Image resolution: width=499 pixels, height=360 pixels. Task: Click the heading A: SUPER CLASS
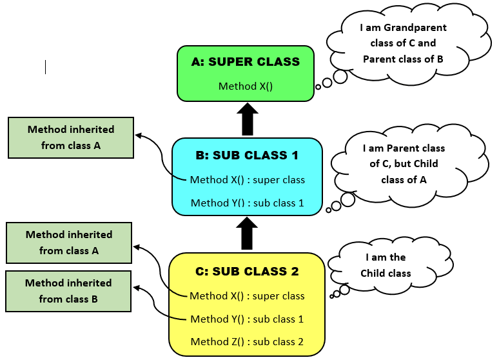pos(246,62)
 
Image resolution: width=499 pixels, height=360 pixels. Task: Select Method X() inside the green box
pos(246,86)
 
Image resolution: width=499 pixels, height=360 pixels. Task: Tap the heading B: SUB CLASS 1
pos(247,155)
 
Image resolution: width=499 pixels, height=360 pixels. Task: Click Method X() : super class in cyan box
pos(248,180)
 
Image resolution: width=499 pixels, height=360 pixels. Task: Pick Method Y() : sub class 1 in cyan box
pos(248,203)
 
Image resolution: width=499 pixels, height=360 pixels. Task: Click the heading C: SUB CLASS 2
pos(247,272)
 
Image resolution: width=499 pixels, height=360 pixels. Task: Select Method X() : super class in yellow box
pos(247,296)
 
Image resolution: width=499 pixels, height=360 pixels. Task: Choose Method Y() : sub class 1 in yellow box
pos(247,319)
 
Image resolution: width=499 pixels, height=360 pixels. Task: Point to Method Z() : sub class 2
pos(247,342)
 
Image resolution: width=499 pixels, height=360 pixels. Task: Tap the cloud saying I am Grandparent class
pos(403,43)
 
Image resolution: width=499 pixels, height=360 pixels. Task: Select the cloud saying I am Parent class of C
pos(404,164)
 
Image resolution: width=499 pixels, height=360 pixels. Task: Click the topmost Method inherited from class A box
pos(71,137)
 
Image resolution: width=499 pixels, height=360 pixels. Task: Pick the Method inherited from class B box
pos(68,291)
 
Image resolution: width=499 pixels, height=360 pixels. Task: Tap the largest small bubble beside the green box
pos(340,77)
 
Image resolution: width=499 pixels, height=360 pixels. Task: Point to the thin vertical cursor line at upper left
pos(45,67)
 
